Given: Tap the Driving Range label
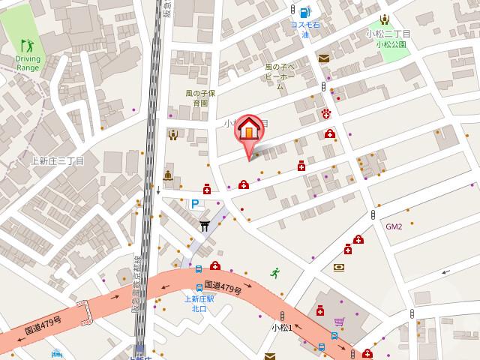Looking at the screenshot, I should [x=26, y=63].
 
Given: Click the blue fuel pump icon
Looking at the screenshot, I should [x=304, y=12].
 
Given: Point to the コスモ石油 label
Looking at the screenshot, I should [x=304, y=30].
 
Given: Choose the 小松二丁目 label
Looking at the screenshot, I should [x=388, y=34].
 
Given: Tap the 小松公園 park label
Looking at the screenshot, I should [x=391, y=44].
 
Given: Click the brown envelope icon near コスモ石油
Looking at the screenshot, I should [x=323, y=58].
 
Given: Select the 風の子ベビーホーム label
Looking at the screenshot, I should [x=280, y=76].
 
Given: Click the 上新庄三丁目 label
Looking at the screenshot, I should [x=57, y=160].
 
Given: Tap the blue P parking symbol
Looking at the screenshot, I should [x=195, y=203].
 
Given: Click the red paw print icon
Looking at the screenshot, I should [x=326, y=113].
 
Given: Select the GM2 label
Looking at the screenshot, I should [x=394, y=226].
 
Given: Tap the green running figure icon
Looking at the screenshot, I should [x=276, y=273].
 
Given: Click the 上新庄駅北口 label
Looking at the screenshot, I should [x=199, y=303].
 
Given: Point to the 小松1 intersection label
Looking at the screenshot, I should [x=281, y=328].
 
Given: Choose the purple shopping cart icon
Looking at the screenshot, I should [x=340, y=323].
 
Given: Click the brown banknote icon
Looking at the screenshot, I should [x=340, y=267].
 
